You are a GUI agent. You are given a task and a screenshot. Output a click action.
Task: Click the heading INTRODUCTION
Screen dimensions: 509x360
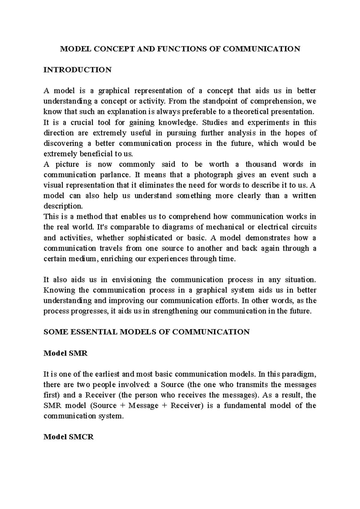[77, 70]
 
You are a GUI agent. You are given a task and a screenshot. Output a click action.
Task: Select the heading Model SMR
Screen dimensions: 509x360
[65, 353]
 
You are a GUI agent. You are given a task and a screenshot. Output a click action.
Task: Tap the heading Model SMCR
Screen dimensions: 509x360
[69, 437]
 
